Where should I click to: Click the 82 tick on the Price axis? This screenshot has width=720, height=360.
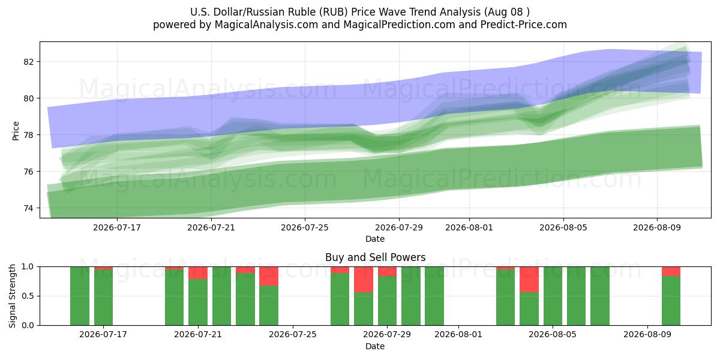click(x=29, y=62)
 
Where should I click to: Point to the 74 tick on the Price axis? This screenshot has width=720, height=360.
click(x=29, y=208)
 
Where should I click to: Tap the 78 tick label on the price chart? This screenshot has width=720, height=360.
click(x=29, y=135)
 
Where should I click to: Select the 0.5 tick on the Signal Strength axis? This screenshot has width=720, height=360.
click(x=28, y=296)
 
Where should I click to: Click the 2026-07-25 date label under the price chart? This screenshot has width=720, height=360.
click(x=305, y=227)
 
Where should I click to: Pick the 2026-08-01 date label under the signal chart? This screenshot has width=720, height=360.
click(x=458, y=335)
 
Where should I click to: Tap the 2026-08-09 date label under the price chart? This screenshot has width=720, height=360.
click(x=657, y=227)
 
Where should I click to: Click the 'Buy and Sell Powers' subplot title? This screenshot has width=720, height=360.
click(x=375, y=257)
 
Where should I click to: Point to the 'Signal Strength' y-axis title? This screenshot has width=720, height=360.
click(x=12, y=296)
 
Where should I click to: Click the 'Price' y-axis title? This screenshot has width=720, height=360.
click(x=16, y=131)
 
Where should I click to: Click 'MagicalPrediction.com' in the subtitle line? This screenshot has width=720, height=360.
click(x=399, y=25)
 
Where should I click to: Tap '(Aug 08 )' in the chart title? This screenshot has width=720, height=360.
click(x=506, y=12)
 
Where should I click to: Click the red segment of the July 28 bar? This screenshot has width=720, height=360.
click(x=364, y=280)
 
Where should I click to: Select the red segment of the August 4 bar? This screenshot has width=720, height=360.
click(x=529, y=280)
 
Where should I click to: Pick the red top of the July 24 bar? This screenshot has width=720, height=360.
click(x=269, y=276)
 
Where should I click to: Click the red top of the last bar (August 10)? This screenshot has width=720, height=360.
click(x=671, y=271)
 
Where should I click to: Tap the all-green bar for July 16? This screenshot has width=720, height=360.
click(x=80, y=296)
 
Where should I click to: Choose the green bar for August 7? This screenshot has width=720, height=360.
click(x=600, y=296)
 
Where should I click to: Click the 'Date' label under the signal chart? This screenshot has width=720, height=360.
click(x=375, y=346)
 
